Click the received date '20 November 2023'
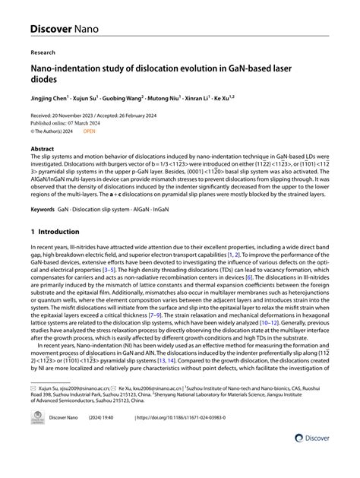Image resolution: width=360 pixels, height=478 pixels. pyautogui.click(x=77, y=115)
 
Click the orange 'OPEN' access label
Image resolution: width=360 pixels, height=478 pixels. pyautogui.click(x=90, y=131)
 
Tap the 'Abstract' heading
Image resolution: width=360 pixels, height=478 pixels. pyautogui.click(x=42, y=150)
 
